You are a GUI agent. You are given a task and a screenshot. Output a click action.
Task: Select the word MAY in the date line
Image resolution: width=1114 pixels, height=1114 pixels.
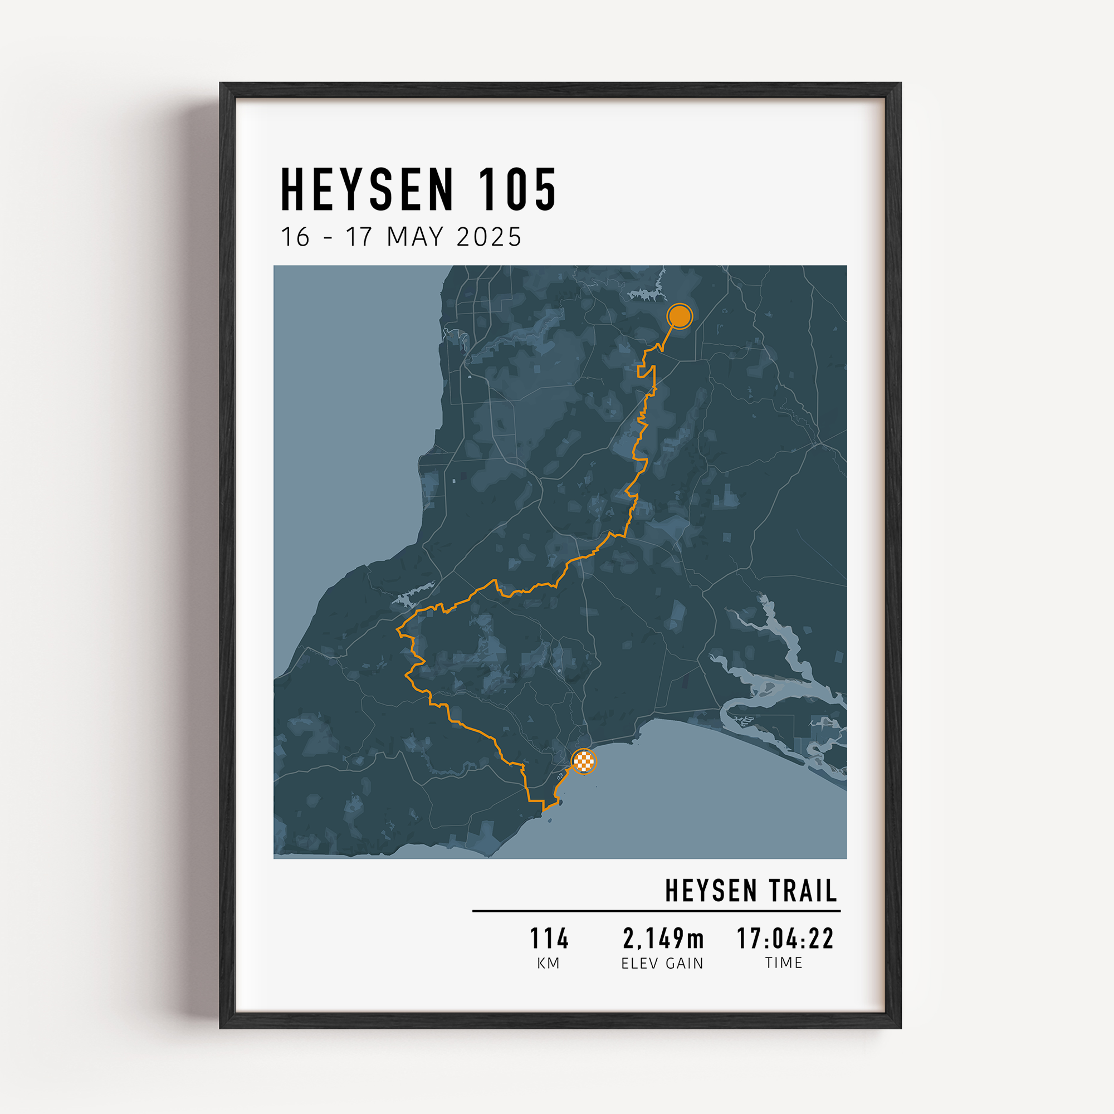415,237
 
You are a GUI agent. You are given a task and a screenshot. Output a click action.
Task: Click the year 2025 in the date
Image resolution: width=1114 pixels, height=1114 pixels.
489,237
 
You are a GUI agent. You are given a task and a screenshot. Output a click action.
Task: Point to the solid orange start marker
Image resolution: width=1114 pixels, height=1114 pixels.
680,316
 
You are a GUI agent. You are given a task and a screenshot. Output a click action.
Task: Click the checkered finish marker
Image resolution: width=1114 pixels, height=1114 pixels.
584,761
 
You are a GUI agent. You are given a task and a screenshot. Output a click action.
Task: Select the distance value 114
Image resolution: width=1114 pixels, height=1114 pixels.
549,939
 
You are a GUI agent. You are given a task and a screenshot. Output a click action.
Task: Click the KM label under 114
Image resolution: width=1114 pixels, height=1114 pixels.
548,964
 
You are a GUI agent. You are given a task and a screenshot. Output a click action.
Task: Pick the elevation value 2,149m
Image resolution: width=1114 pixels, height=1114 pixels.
663,939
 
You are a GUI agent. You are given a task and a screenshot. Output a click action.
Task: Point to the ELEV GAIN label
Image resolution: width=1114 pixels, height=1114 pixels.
662,964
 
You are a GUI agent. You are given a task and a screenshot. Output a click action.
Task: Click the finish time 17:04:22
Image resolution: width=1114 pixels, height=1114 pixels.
785,939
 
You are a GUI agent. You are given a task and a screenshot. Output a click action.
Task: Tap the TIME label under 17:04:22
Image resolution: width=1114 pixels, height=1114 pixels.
784,963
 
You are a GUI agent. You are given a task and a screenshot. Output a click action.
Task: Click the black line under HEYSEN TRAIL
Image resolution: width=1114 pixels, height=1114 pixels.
656,911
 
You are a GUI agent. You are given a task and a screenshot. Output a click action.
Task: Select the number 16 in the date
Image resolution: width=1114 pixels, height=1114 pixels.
295,237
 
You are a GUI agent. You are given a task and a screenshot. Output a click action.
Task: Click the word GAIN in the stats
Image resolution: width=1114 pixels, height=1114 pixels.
685,964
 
